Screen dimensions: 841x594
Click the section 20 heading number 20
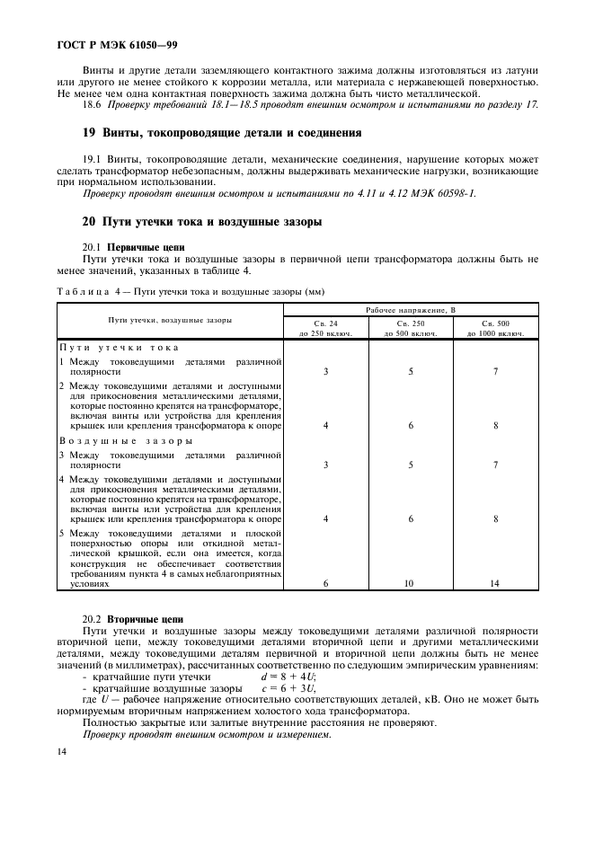pyautogui.click(x=88, y=221)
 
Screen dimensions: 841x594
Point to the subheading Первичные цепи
pyautogui.click(x=146, y=245)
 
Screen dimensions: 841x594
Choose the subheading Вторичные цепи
pyautogui.click(x=145, y=620)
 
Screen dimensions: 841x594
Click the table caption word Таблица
pyautogui.click(x=84, y=292)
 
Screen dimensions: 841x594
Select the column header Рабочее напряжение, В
pyautogui.click(x=411, y=310)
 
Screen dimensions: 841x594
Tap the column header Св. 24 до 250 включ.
pyautogui.click(x=326, y=327)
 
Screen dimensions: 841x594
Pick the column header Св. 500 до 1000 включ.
pyautogui.click(x=495, y=327)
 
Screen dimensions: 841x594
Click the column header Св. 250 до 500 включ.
pyautogui.click(x=411, y=327)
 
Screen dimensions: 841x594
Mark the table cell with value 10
pyautogui.click(x=411, y=583)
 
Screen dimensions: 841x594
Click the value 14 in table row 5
pyautogui.click(x=495, y=583)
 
